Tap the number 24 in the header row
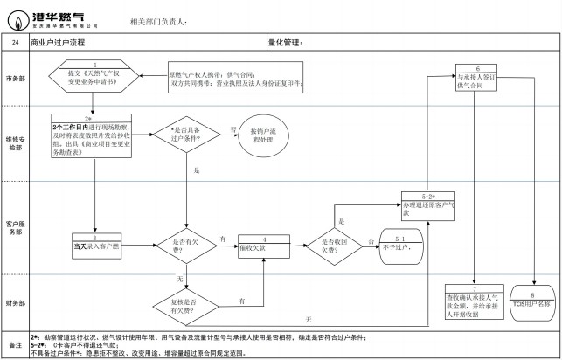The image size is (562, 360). [15, 42]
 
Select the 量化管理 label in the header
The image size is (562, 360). [284, 42]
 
